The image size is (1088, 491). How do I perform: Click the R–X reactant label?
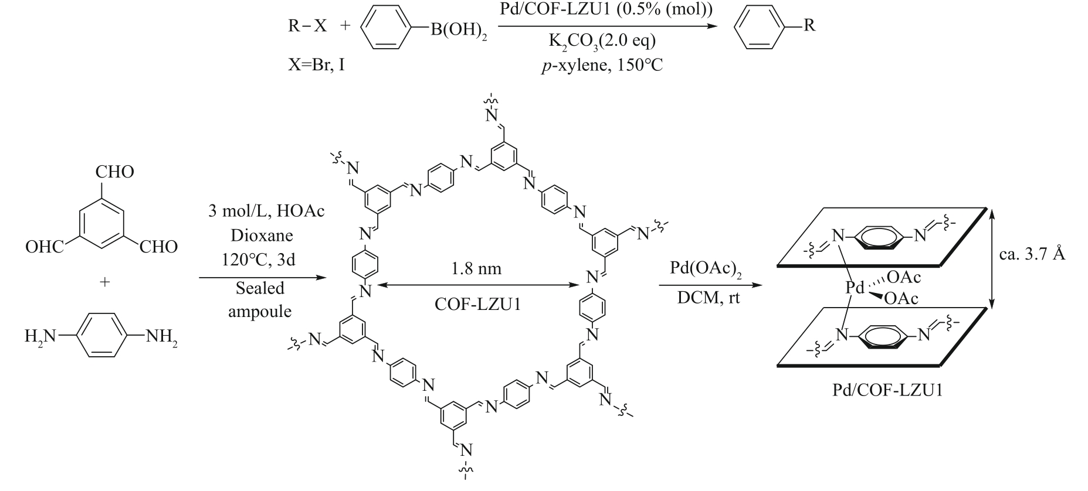click(307, 27)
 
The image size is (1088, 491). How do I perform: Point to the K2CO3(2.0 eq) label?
click(602, 42)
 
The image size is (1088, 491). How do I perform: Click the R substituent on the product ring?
click(809, 26)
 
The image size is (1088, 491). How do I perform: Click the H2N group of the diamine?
click(40, 337)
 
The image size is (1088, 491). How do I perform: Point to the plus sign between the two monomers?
click(104, 282)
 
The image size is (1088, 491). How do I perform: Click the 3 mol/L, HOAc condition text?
click(266, 212)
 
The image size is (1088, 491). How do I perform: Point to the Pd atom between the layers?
click(855, 288)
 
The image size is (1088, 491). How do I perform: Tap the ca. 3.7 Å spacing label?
click(1032, 254)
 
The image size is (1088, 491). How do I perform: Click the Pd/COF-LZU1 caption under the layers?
click(887, 390)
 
